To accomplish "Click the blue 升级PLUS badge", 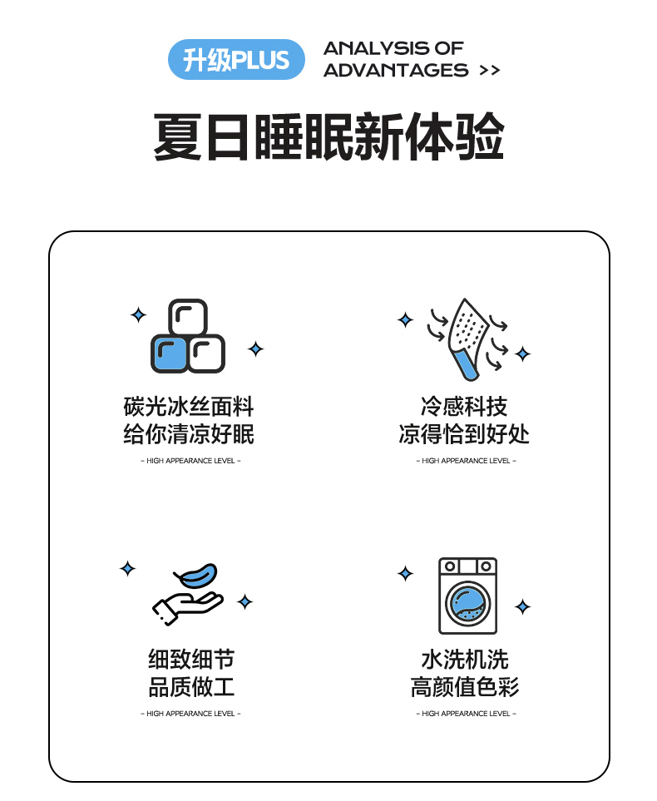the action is pyautogui.click(x=236, y=59).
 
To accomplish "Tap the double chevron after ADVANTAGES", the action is pyautogui.click(x=490, y=71).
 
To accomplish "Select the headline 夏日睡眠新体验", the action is pyautogui.click(x=329, y=137).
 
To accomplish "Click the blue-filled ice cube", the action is pyautogui.click(x=170, y=354).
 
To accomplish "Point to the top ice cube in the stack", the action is pyautogui.click(x=188, y=317).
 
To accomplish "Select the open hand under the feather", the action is pyautogui.click(x=186, y=608).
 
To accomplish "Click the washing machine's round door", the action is pyautogui.click(x=467, y=604).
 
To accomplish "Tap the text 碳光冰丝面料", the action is pyautogui.click(x=189, y=407).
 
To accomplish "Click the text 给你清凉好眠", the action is pyautogui.click(x=189, y=434).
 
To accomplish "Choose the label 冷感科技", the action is pyautogui.click(x=464, y=407).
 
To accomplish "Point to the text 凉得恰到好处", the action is pyautogui.click(x=464, y=434).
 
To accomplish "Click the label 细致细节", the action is pyautogui.click(x=191, y=659).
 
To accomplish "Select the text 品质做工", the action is pyautogui.click(x=191, y=686).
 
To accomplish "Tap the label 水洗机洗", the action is pyautogui.click(x=465, y=659).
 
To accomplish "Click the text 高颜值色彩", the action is pyautogui.click(x=465, y=686).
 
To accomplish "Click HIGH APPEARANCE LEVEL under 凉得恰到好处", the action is pyautogui.click(x=466, y=461).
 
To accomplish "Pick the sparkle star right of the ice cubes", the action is pyautogui.click(x=256, y=349).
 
